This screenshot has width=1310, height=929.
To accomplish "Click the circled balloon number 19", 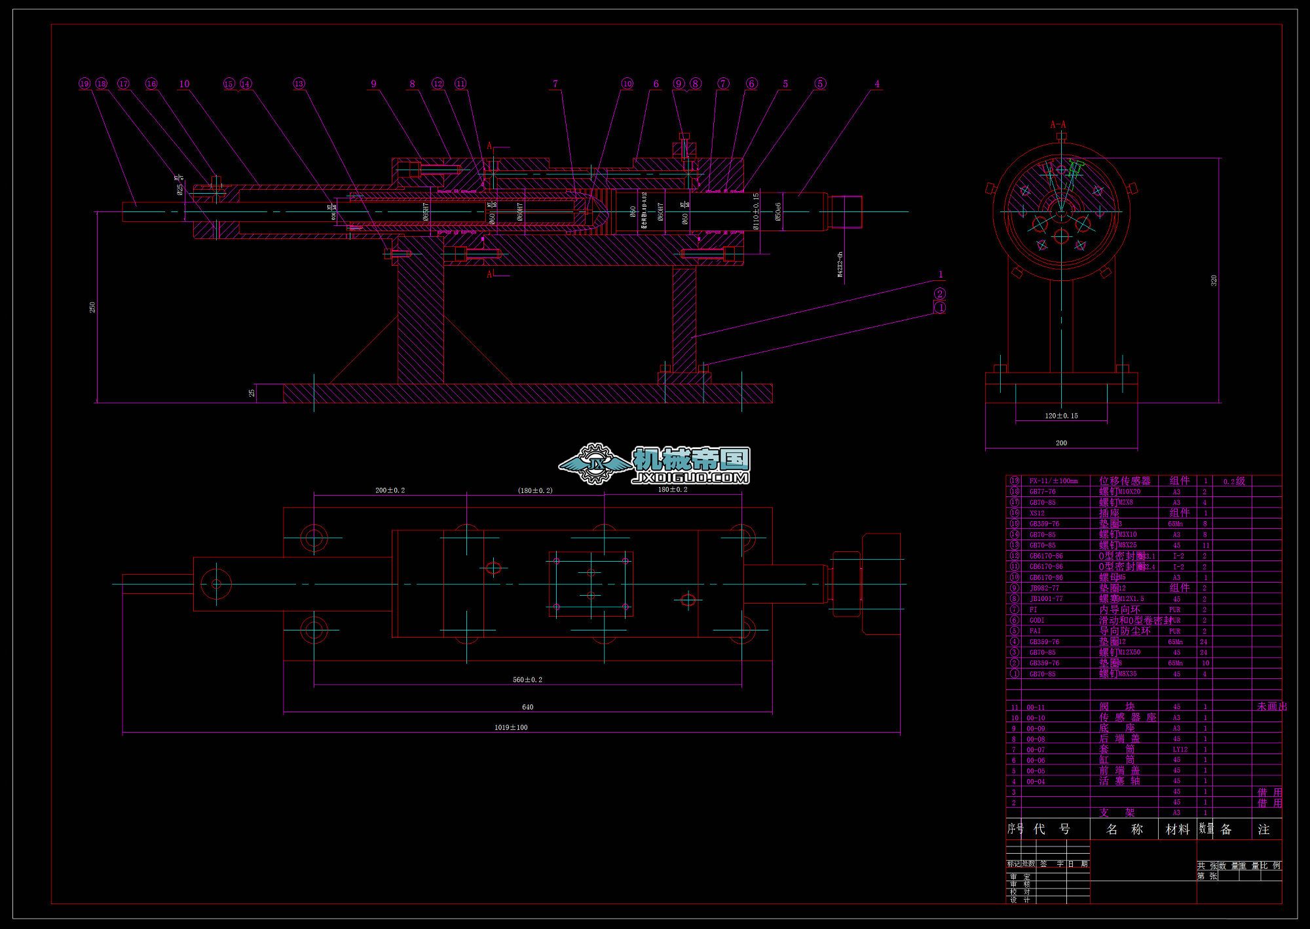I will pyautogui.click(x=84, y=84).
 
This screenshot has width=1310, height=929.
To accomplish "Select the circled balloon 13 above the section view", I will pyautogui.click(x=299, y=84).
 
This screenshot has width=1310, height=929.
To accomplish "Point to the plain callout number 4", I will pyautogui.click(x=877, y=84).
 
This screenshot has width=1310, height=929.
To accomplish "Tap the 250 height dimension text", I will pyautogui.click(x=93, y=306).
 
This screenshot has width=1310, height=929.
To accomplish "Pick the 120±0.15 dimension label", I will pyautogui.click(x=1061, y=416).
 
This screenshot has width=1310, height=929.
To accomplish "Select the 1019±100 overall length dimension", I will pyautogui.click(x=511, y=727).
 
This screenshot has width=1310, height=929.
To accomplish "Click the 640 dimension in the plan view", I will pyautogui.click(x=528, y=707).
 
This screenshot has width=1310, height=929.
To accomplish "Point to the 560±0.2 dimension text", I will pyautogui.click(x=527, y=680).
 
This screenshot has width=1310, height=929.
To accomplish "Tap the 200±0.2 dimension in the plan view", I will pyautogui.click(x=390, y=490).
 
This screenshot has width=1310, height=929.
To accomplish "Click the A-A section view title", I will pyautogui.click(x=1058, y=124).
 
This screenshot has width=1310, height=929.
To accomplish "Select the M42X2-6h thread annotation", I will pyautogui.click(x=840, y=264).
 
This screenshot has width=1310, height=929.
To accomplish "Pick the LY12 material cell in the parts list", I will pyautogui.click(x=1176, y=750).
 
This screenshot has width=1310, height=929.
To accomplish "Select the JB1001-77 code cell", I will pyautogui.click(x=1046, y=599).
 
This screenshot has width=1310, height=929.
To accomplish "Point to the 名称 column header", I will pyautogui.click(x=1124, y=829).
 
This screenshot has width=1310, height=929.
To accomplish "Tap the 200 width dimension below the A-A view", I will pyautogui.click(x=1061, y=443).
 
